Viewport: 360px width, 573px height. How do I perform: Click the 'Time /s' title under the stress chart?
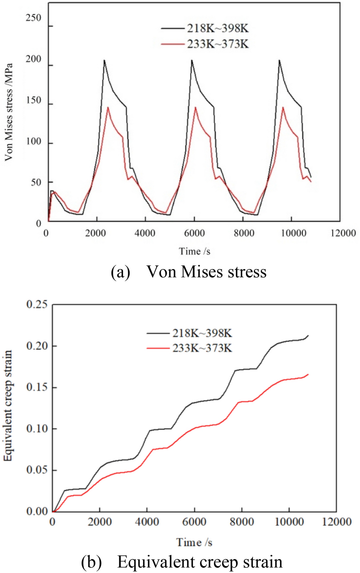tap(194, 251)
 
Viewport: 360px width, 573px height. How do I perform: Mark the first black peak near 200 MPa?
tap(104, 60)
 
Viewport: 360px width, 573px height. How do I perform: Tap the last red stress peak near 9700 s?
tap(283, 107)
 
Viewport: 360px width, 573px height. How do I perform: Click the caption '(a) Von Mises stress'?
tap(188, 272)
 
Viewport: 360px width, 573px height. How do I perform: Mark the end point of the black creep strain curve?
tap(308, 335)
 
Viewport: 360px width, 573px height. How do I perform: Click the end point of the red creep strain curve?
tap(308, 374)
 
